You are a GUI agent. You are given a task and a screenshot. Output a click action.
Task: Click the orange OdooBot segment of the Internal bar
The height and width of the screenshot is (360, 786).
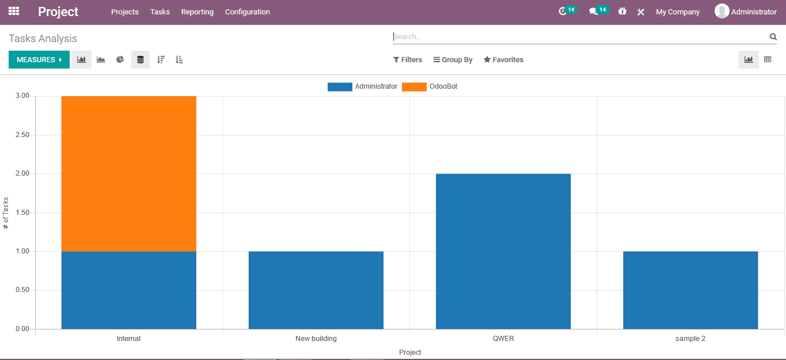coord(128,173)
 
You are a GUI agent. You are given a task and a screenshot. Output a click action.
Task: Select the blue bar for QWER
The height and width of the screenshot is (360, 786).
coord(503,251)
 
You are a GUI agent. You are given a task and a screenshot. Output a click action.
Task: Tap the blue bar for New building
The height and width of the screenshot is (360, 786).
coord(316,290)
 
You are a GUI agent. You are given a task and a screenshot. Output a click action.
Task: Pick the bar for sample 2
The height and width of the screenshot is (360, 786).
coord(690,290)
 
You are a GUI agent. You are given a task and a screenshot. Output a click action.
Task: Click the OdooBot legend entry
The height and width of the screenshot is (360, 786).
coord(430,86)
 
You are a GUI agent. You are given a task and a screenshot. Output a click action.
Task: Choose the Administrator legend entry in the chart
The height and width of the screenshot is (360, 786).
coord(363,86)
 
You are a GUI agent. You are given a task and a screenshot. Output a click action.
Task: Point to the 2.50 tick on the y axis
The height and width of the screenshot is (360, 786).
coord(22,135)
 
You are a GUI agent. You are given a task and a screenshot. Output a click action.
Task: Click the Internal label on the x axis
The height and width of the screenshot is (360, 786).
coord(128,339)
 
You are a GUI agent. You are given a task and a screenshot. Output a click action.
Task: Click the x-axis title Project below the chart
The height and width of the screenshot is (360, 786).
coord(410,353)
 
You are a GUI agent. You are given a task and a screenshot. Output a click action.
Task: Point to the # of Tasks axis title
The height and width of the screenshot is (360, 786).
coord(6,213)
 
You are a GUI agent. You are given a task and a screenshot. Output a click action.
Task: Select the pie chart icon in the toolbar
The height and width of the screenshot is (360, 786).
coord(120,59)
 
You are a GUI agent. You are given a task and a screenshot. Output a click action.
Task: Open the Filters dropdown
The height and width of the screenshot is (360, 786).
coord(408,60)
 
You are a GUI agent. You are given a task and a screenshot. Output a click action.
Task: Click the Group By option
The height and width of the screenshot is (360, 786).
coord(453,60)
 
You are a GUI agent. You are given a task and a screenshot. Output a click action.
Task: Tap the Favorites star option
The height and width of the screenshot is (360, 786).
coord(503,60)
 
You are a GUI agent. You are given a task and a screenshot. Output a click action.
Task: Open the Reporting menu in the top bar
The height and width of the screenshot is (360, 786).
coord(197,12)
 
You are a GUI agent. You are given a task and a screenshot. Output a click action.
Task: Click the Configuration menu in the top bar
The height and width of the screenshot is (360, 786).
coord(247,12)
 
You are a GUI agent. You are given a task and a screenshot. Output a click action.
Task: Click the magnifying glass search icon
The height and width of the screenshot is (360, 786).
coord(773,37)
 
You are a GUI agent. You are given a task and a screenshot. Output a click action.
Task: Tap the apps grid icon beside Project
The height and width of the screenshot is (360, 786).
coord(14,11)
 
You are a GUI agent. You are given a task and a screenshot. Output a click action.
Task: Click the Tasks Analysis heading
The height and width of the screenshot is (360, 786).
coord(43,39)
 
